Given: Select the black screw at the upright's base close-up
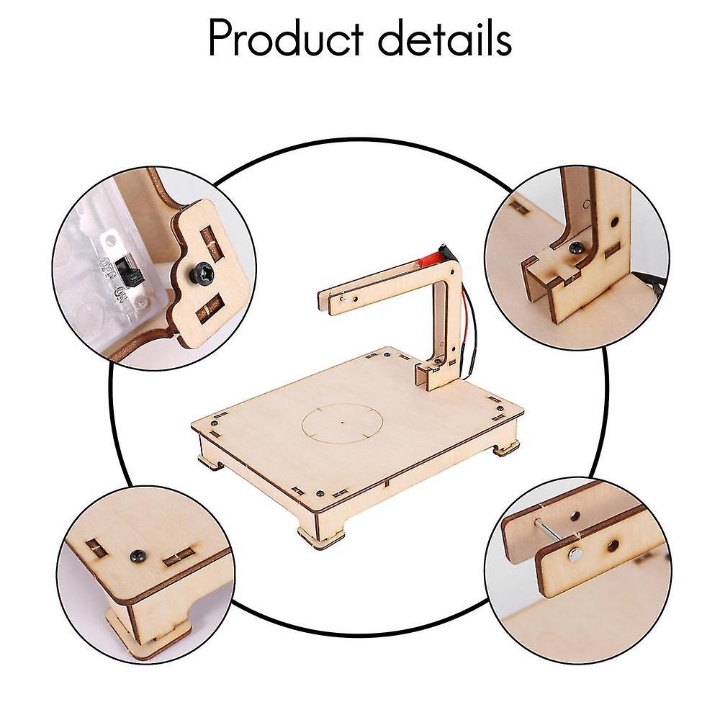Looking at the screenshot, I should [x=576, y=247].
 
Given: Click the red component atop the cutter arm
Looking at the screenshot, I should [x=430, y=257].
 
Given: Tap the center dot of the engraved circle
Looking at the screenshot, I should [x=342, y=423].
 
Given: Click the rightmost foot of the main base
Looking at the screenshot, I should [x=506, y=448].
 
